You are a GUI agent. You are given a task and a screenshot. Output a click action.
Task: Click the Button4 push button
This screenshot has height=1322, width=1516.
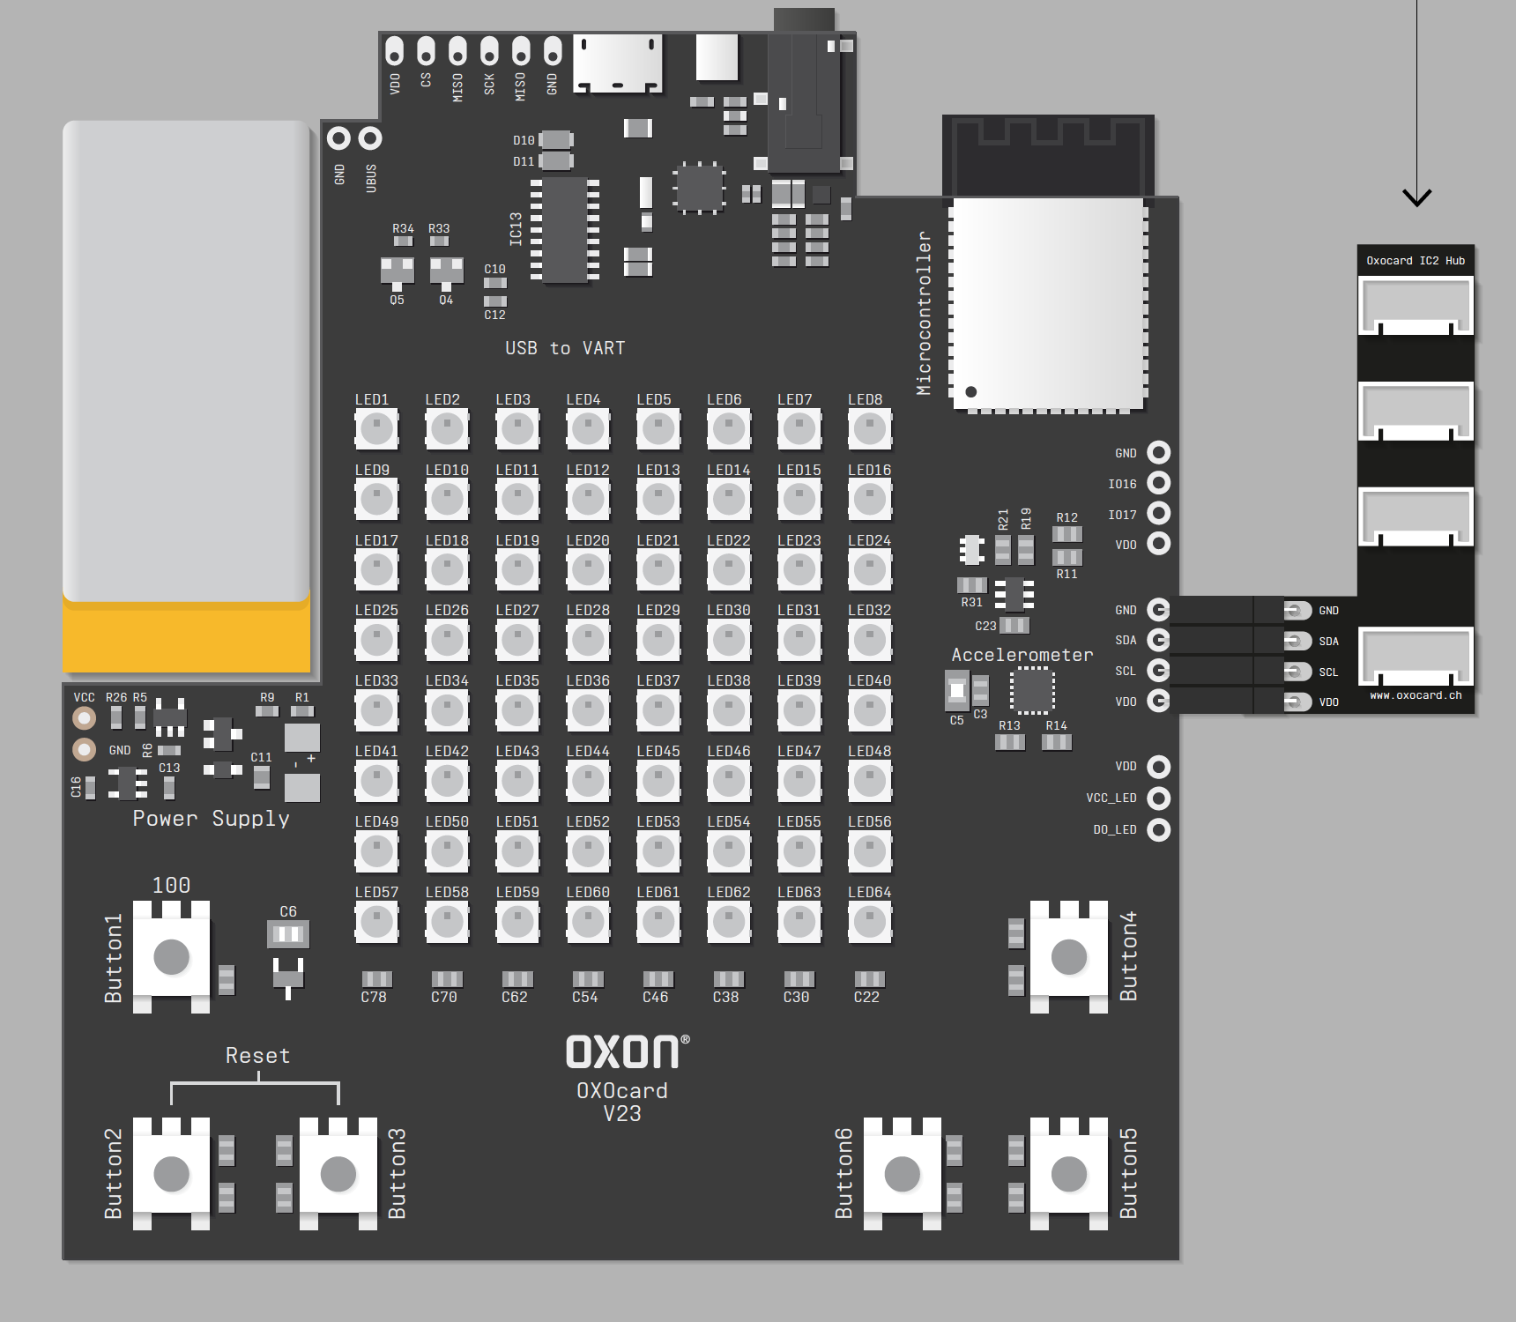point(1068,957)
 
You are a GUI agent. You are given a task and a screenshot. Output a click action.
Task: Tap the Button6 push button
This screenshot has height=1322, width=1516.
point(902,1174)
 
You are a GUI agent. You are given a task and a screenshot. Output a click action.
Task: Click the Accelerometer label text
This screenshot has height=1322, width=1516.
point(1022,655)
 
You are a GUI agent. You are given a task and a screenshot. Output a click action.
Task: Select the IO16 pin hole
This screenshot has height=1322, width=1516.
point(1158,483)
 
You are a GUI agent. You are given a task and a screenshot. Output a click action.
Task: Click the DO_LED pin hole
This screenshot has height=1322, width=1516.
point(1158,829)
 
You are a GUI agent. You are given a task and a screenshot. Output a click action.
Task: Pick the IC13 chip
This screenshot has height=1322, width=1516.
point(564,230)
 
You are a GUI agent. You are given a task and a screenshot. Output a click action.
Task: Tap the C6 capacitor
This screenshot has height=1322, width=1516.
point(288,933)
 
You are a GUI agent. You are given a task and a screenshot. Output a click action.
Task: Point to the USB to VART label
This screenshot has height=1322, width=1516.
point(565,348)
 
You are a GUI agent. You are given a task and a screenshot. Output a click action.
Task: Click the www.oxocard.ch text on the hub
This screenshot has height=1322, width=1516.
point(1416,695)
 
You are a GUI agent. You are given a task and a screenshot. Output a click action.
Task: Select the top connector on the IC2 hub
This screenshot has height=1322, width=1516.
point(1416,306)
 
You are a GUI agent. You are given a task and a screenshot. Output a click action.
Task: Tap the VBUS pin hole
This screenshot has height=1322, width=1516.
point(370,138)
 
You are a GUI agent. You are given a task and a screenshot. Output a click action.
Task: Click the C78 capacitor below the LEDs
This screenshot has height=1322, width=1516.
point(376,979)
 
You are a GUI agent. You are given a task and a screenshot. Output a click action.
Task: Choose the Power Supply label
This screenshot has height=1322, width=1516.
point(211,819)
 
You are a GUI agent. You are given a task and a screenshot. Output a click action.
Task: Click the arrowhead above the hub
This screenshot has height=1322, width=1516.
point(1416,197)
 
